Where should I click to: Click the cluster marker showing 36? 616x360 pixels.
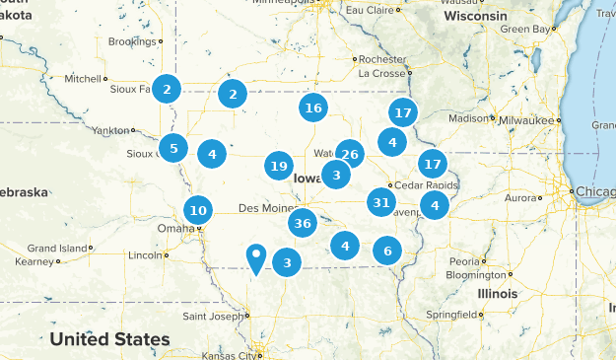[x=303, y=224]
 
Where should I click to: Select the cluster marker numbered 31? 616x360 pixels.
[x=380, y=203]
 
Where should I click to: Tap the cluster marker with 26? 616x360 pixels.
[x=350, y=153]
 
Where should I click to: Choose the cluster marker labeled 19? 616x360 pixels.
[x=279, y=167]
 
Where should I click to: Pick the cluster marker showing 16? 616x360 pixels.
[x=313, y=108]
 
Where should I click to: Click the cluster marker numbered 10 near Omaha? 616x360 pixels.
[x=198, y=210]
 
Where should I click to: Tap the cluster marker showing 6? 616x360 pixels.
[x=387, y=251]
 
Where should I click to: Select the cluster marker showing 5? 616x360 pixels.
[x=173, y=149]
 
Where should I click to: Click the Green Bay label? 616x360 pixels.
[x=523, y=30]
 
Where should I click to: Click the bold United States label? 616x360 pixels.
[x=109, y=339]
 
